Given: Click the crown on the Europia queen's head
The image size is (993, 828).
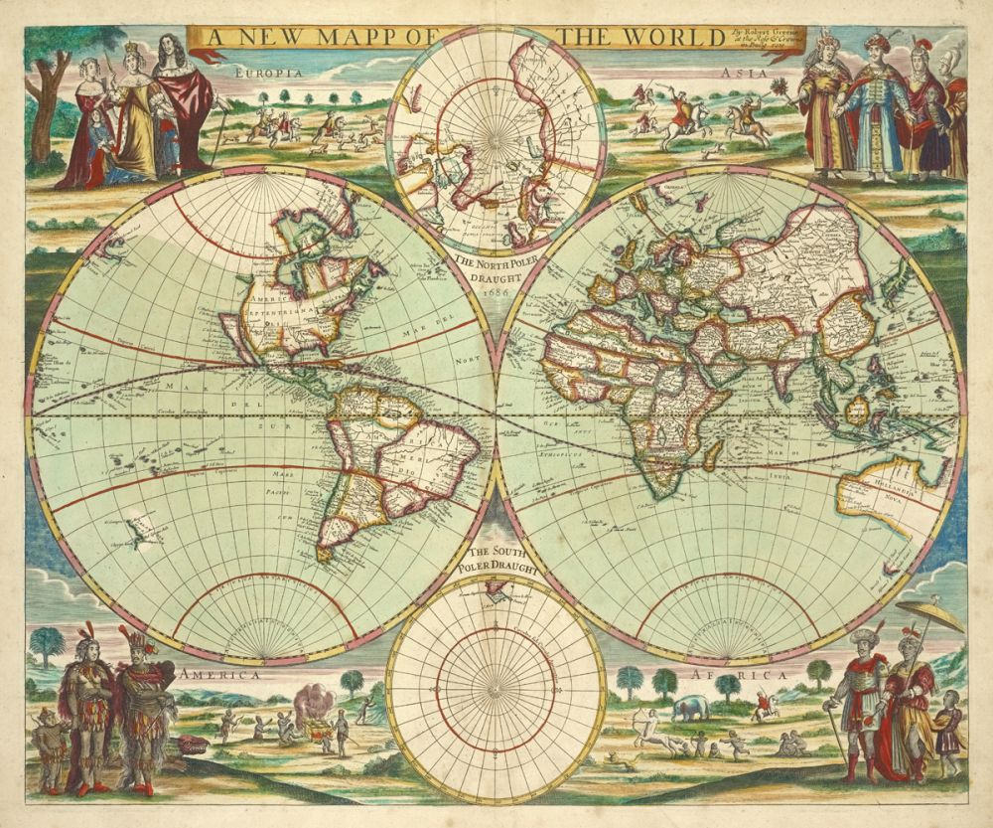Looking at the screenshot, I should pos(130,46).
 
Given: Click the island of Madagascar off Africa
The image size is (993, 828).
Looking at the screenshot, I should pos(711,456).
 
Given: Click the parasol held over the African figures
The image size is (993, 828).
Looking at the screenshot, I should pos(929,614).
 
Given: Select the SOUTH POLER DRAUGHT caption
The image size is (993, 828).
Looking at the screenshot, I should pos(494,560).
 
